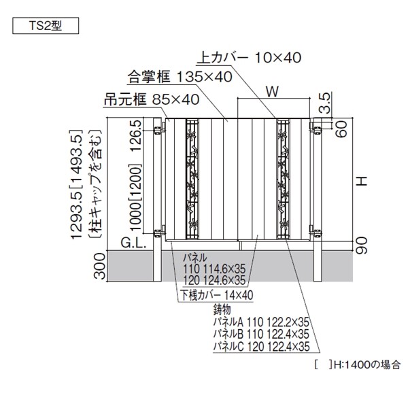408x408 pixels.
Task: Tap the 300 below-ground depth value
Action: click(101, 268)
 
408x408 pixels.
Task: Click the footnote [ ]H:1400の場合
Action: click(357, 365)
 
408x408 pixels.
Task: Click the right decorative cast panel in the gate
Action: click(283, 180)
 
